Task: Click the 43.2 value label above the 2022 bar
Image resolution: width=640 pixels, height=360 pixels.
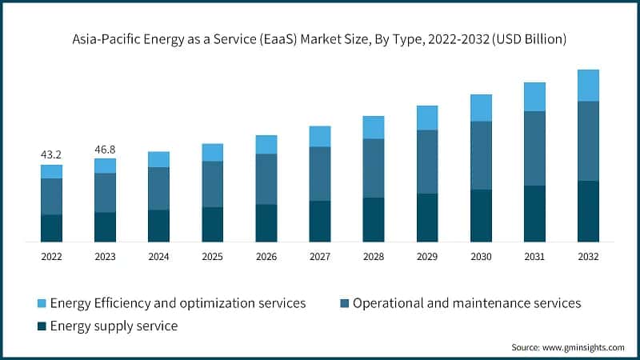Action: pyautogui.click(x=51, y=154)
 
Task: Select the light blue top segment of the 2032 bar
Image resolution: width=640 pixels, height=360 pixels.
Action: pyautogui.click(x=588, y=86)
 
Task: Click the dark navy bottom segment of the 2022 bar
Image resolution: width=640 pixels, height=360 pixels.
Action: pyautogui.click(x=51, y=228)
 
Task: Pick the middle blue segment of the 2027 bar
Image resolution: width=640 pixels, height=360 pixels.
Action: pyautogui.click(x=320, y=174)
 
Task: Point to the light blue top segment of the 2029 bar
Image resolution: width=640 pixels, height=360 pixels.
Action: pyautogui.click(x=427, y=118)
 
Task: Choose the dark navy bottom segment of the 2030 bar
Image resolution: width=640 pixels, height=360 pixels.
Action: pyautogui.click(x=481, y=215)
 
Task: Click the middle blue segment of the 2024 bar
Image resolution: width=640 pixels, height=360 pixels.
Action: pyautogui.click(x=158, y=189)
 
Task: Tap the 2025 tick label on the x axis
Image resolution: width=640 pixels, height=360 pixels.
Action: pyautogui.click(x=212, y=256)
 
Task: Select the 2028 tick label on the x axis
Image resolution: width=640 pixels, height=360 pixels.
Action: pyautogui.click(x=374, y=256)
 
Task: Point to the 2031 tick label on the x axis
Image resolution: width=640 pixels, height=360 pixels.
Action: pyautogui.click(x=534, y=256)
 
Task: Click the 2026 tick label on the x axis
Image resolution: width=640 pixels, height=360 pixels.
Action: pyautogui.click(x=266, y=256)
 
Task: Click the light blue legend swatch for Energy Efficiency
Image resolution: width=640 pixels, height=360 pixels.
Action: pyautogui.click(x=41, y=303)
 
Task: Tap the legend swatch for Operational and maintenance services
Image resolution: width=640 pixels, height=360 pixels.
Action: pyautogui.click(x=344, y=303)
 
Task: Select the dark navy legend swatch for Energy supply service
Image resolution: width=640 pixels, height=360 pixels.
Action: pyautogui.click(x=41, y=326)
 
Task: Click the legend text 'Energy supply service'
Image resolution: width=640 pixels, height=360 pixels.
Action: pyautogui.click(x=114, y=326)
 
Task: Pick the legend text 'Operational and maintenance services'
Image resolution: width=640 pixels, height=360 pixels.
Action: pyautogui.click(x=466, y=303)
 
